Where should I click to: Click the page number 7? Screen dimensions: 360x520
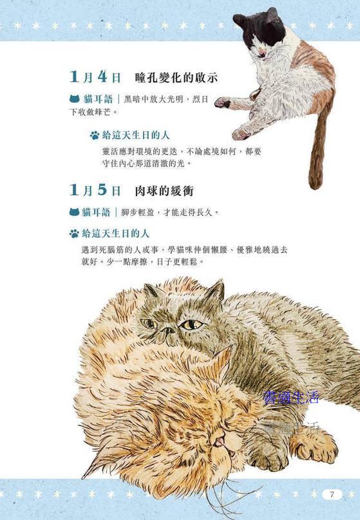click(x=332, y=494)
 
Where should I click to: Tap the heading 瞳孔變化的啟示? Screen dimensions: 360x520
click(x=176, y=78)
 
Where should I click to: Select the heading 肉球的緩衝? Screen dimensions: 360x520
click(x=164, y=190)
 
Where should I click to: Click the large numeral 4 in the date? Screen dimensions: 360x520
click(x=102, y=77)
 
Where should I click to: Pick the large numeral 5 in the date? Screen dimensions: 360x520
click(x=102, y=190)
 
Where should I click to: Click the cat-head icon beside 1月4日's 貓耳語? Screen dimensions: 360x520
click(x=75, y=99)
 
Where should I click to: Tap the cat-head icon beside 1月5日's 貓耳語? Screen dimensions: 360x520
click(x=75, y=212)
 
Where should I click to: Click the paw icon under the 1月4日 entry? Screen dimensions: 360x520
click(x=95, y=135)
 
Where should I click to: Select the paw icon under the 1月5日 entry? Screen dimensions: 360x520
click(x=74, y=234)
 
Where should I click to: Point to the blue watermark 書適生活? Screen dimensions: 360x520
click(x=291, y=397)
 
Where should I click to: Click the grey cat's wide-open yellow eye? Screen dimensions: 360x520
click(x=191, y=324)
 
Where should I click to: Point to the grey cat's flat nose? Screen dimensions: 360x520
click(x=167, y=330)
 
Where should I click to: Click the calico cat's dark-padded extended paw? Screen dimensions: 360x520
click(x=223, y=102)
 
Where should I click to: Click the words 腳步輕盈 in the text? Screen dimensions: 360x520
click(x=137, y=212)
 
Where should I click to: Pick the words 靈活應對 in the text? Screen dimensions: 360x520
click(x=118, y=151)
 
